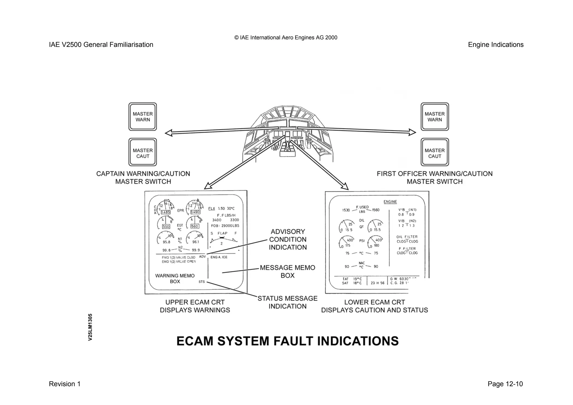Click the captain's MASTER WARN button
click(x=143, y=117)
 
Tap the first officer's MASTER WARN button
click(x=435, y=117)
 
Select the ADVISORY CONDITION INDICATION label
click(x=288, y=240)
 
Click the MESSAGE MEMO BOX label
click(x=288, y=271)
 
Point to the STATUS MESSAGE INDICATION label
click(x=288, y=302)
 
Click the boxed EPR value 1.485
click(x=166, y=212)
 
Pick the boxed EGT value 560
click(x=195, y=226)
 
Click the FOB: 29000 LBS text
click(x=225, y=226)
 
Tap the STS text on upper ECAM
click(x=202, y=282)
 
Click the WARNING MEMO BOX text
click(x=175, y=278)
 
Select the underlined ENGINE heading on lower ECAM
click(x=390, y=202)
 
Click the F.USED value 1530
click(x=346, y=210)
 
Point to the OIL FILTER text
click(x=407, y=237)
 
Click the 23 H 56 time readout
click(x=377, y=283)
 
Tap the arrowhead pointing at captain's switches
click(x=169, y=133)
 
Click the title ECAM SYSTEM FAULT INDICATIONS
click(x=288, y=341)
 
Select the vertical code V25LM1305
click(x=90, y=327)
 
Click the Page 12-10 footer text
click(x=505, y=384)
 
